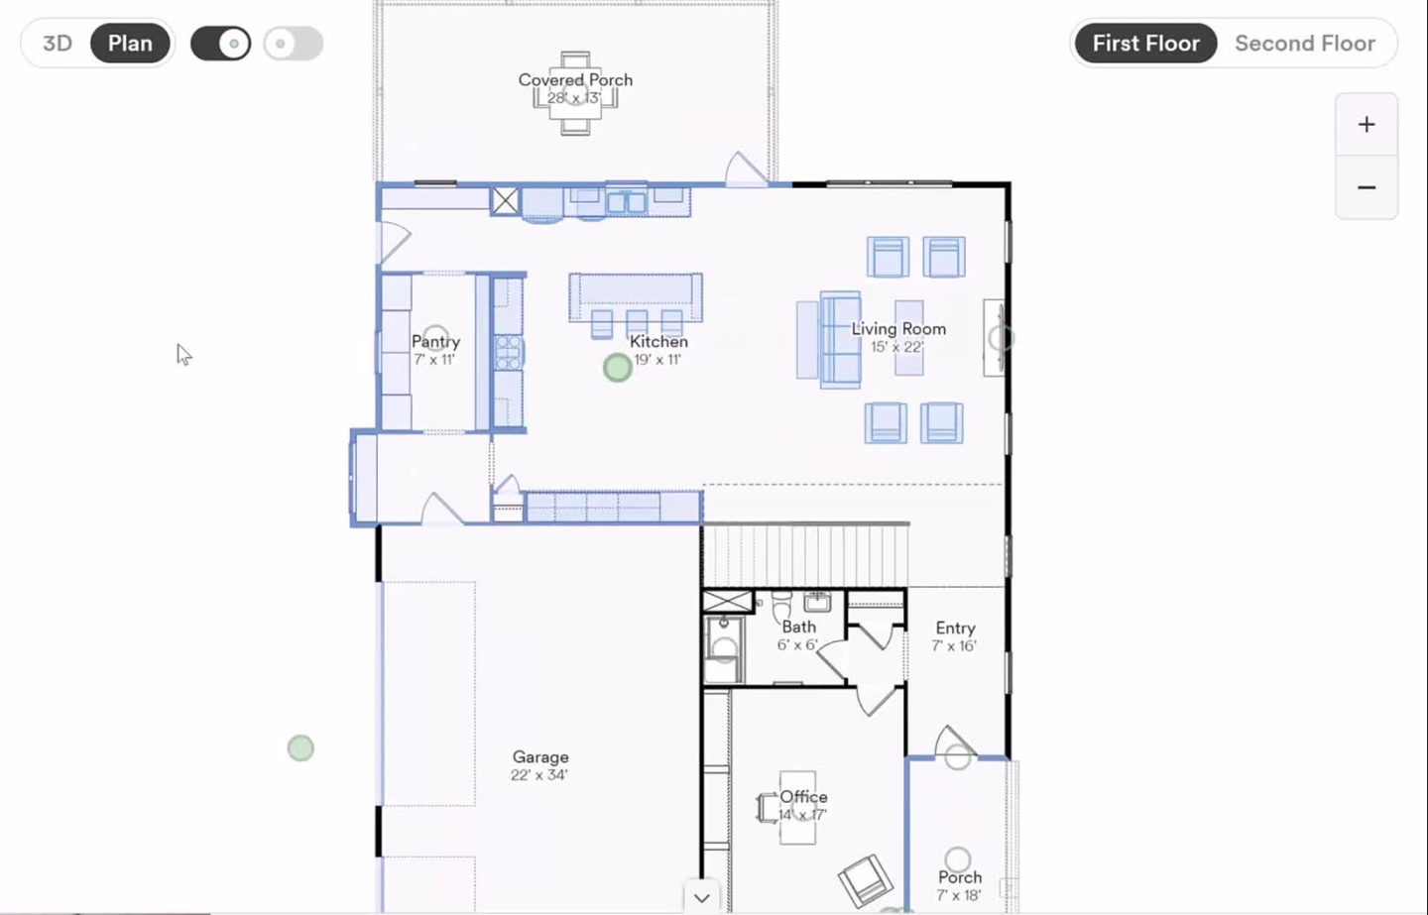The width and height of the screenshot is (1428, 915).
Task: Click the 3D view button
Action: [x=58, y=44]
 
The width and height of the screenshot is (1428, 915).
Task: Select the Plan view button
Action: [x=130, y=44]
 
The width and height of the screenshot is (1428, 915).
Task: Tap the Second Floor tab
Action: [x=1305, y=44]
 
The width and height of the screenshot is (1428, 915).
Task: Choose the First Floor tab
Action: [x=1145, y=44]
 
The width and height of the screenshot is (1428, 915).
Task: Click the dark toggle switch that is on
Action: [x=220, y=44]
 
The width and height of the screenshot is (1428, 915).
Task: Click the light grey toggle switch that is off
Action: [x=294, y=44]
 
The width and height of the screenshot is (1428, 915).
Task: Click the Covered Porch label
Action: [x=575, y=79]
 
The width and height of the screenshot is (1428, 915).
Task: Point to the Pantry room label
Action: [x=435, y=342]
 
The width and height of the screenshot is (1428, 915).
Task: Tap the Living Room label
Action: [x=898, y=329]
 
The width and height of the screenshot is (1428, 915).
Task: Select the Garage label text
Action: [x=540, y=757]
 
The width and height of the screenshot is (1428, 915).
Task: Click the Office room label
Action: [x=803, y=796]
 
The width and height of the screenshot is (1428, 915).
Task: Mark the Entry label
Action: [x=955, y=629]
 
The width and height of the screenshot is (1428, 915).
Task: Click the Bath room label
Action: [x=798, y=627]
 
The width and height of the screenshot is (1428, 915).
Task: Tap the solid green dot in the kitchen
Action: [x=617, y=368]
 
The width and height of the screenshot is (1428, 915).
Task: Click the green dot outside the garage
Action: [x=300, y=748]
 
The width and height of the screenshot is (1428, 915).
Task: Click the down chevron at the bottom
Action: [x=702, y=898]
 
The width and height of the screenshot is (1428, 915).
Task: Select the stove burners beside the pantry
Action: [x=508, y=352]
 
